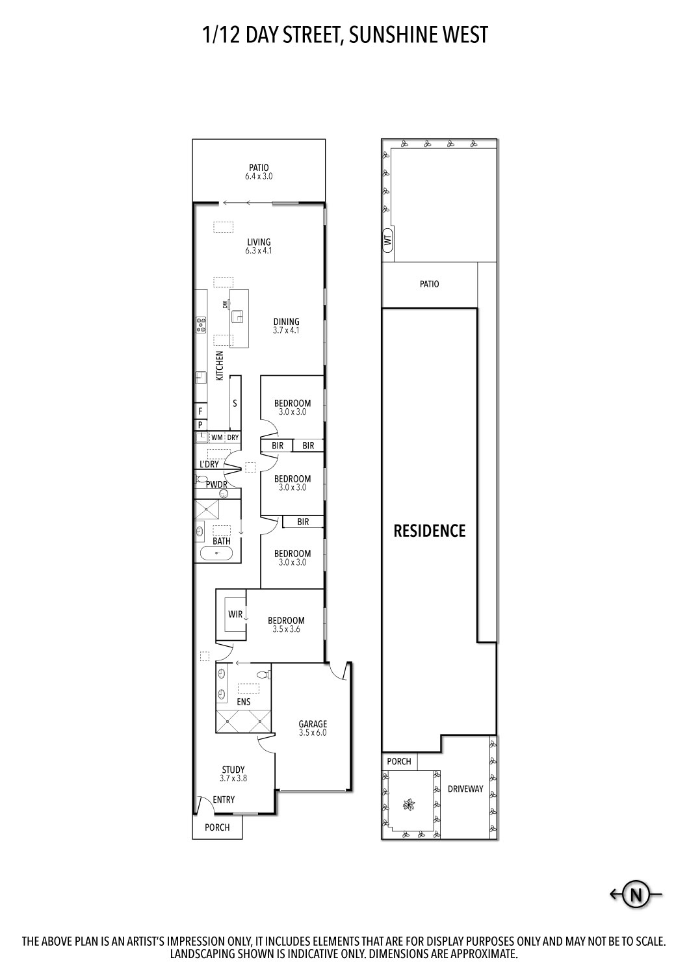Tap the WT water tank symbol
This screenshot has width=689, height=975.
point(388,239)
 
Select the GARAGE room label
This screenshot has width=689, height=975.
point(313,724)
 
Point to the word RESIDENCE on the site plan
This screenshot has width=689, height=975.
point(430,530)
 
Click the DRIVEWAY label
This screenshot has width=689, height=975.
point(465,788)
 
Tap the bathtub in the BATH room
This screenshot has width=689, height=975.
point(216,553)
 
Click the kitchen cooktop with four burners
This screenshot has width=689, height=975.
point(201,325)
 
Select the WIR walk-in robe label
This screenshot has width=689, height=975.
point(235,614)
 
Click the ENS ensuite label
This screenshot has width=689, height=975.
point(244,701)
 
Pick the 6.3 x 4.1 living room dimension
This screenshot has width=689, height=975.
point(259,251)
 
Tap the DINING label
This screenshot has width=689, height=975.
point(287,322)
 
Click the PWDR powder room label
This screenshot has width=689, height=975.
point(216,484)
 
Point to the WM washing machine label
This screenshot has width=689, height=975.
point(216,437)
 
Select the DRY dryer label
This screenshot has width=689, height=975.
point(233,437)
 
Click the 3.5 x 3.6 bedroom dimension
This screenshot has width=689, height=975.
point(287,629)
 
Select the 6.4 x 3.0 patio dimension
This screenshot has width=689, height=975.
point(259,176)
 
